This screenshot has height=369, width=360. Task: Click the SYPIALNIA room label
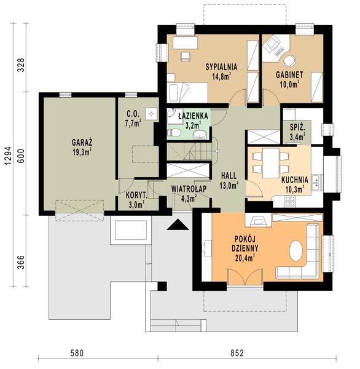tap(221, 67)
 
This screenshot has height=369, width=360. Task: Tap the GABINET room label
tap(289, 75)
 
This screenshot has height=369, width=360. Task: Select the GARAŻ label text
tap(82, 143)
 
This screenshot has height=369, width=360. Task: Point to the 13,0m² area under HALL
tap(229, 185)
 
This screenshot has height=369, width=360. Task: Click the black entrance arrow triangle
tap(178, 224)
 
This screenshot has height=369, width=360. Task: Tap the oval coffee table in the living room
tap(295, 251)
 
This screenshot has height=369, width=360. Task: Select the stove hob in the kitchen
tap(290, 201)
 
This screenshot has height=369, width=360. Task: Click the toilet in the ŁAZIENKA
tap(174, 133)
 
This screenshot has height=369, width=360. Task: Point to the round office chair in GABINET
tap(289, 61)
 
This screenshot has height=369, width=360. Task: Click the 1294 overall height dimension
tap(9, 156)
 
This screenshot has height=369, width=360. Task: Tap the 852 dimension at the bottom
tap(237, 353)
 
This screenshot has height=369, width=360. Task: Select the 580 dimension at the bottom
tap(77, 353)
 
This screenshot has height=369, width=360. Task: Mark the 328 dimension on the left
tap(21, 65)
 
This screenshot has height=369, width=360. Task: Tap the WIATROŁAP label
tap(189, 189)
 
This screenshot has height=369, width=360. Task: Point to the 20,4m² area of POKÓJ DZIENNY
tap(245, 258)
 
